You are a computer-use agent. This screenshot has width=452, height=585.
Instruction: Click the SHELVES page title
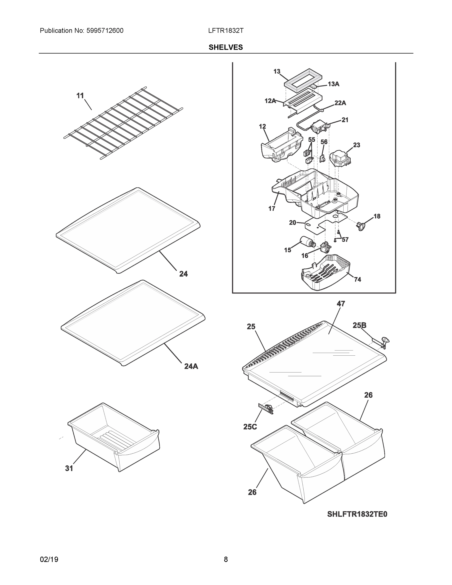(x=225, y=48)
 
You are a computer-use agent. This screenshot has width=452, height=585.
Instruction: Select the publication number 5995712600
(x=105, y=31)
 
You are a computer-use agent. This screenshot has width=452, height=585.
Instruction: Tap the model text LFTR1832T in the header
(x=226, y=31)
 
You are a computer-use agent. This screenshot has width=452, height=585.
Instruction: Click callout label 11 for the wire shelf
(x=80, y=96)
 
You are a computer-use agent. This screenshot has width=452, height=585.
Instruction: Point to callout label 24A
(x=191, y=366)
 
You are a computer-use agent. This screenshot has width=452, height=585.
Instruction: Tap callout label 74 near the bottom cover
(x=357, y=279)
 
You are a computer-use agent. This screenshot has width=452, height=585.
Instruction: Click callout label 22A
(x=340, y=103)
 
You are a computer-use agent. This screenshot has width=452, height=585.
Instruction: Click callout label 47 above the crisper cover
(x=341, y=303)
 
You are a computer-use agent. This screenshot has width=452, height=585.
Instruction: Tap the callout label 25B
(x=359, y=325)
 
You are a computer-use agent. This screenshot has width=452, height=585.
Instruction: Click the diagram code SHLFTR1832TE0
(x=357, y=514)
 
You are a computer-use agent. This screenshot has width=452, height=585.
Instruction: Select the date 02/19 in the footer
(x=49, y=560)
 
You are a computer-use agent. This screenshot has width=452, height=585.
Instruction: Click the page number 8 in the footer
(x=226, y=560)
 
